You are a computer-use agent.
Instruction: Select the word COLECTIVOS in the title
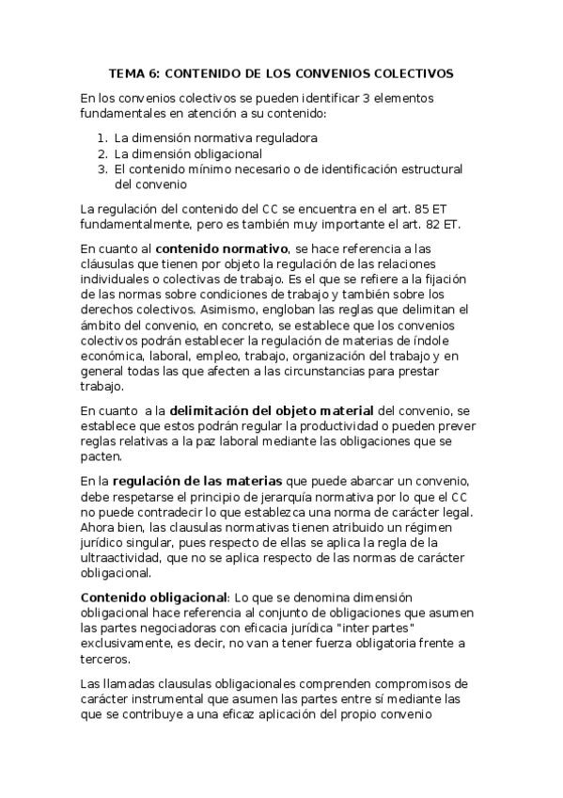[411, 72]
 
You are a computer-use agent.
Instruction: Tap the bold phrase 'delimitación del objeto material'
[271, 411]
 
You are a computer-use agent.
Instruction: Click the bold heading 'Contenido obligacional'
[153, 597]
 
